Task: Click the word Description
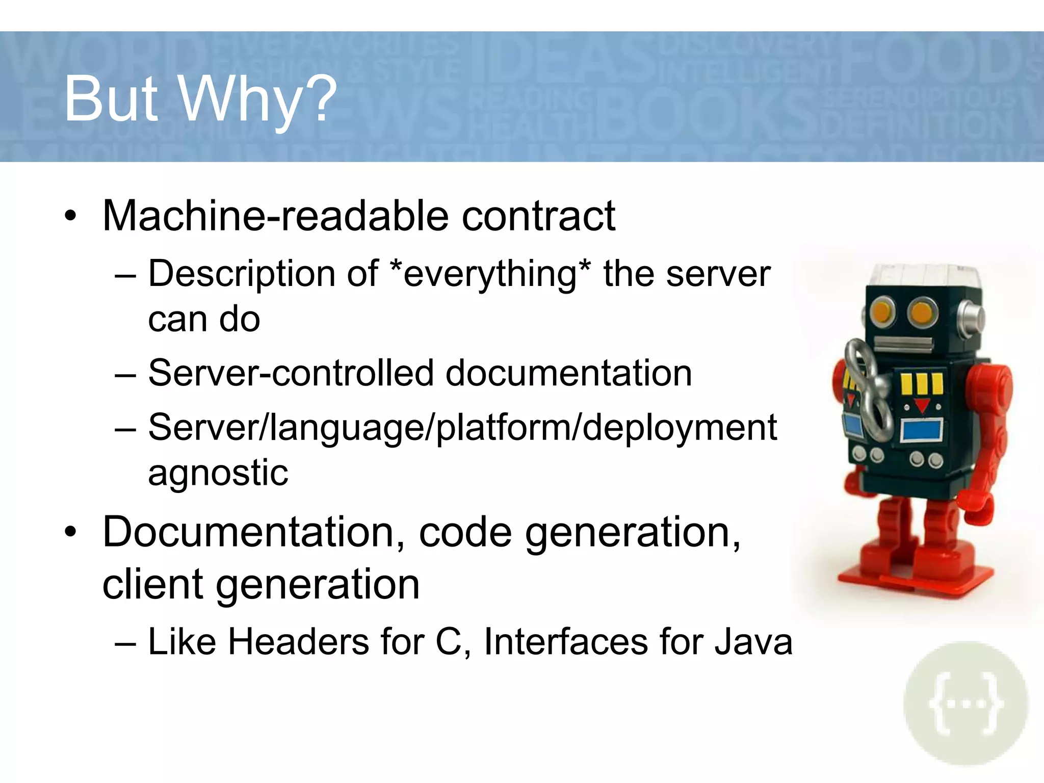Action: pos(263,275)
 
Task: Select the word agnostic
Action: pos(218,473)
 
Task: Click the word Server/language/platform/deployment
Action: pos(462,428)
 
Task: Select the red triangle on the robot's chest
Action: pos(922,406)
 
